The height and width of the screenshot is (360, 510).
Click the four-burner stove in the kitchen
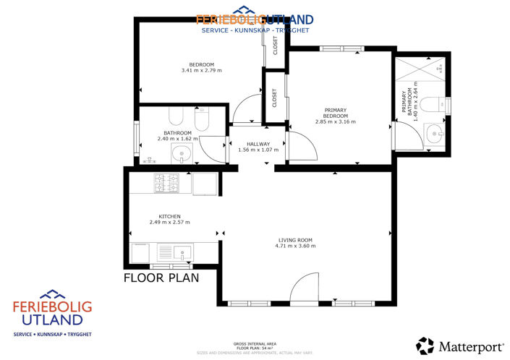click(167, 184)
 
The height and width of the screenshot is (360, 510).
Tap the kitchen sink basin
click(182, 253)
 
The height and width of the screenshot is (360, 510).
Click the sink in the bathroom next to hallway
click(180, 153)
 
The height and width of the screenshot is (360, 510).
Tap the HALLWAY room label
click(258, 144)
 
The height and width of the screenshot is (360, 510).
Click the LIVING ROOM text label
click(295, 240)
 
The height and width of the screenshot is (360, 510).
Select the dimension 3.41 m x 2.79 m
click(202, 71)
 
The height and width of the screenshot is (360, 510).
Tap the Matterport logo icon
click(425, 345)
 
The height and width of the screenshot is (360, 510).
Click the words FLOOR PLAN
click(161, 277)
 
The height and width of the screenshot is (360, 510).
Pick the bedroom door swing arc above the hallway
click(246, 108)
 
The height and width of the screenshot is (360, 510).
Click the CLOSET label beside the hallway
click(274, 98)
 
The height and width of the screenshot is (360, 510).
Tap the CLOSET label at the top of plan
click(275, 46)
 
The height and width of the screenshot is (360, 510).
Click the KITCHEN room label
click(170, 216)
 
